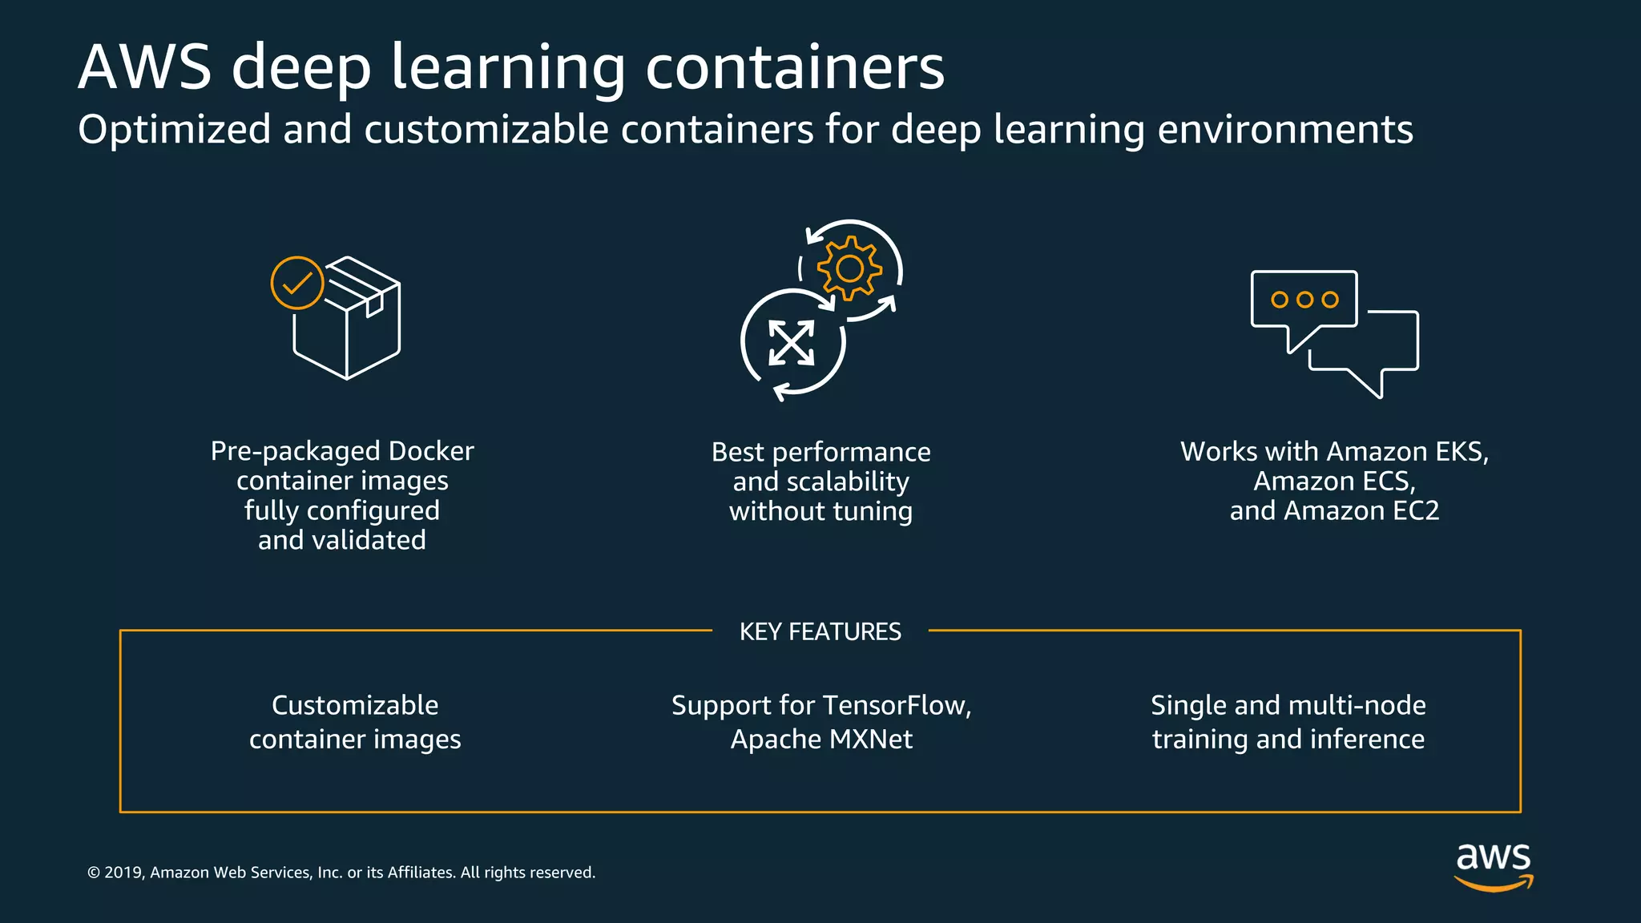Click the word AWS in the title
(x=145, y=67)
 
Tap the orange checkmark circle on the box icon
(x=297, y=283)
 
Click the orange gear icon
(x=849, y=268)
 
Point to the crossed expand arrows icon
(x=792, y=343)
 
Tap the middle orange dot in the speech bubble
(x=1304, y=300)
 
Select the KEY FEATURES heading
(x=820, y=632)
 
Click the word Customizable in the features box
(x=355, y=706)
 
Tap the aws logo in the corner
(x=1494, y=865)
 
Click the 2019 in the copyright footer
(x=123, y=873)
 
